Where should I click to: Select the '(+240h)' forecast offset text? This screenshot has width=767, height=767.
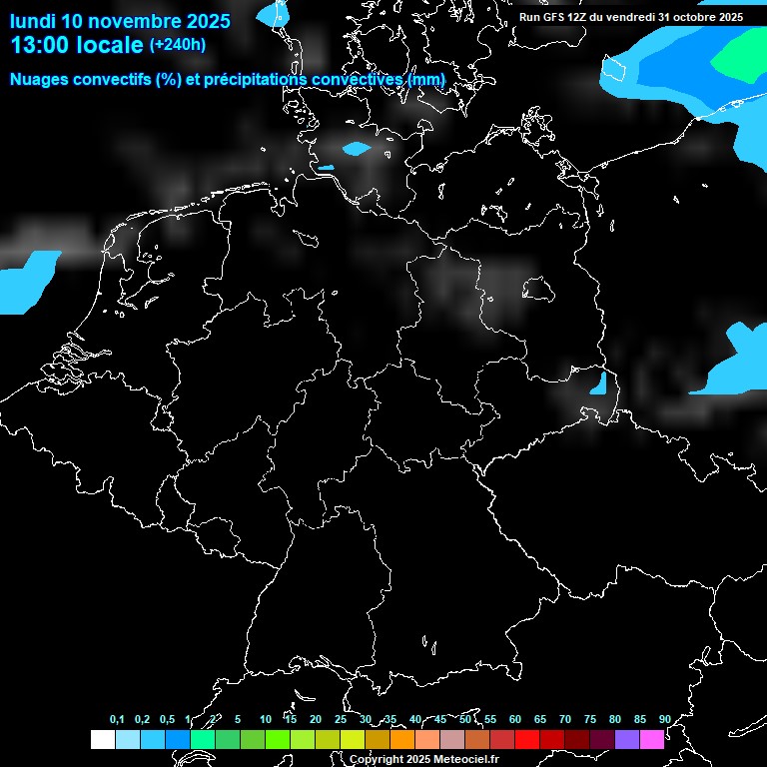(x=178, y=45)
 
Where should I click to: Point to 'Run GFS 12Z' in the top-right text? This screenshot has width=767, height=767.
(x=554, y=17)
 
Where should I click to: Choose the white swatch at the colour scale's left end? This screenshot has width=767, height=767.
(x=103, y=740)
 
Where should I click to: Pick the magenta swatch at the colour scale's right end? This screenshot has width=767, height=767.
(x=651, y=740)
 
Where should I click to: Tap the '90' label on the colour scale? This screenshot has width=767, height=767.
(x=664, y=719)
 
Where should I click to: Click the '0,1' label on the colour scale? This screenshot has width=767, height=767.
(x=117, y=719)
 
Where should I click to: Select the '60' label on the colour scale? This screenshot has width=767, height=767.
(x=514, y=719)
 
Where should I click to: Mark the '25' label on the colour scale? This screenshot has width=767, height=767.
(x=340, y=719)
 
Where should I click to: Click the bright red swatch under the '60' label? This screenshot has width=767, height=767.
(x=526, y=740)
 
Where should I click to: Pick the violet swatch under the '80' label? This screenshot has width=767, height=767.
(x=626, y=740)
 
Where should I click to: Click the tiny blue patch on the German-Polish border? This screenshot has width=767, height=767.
(x=598, y=383)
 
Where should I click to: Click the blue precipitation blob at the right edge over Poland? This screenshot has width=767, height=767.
(x=739, y=365)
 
